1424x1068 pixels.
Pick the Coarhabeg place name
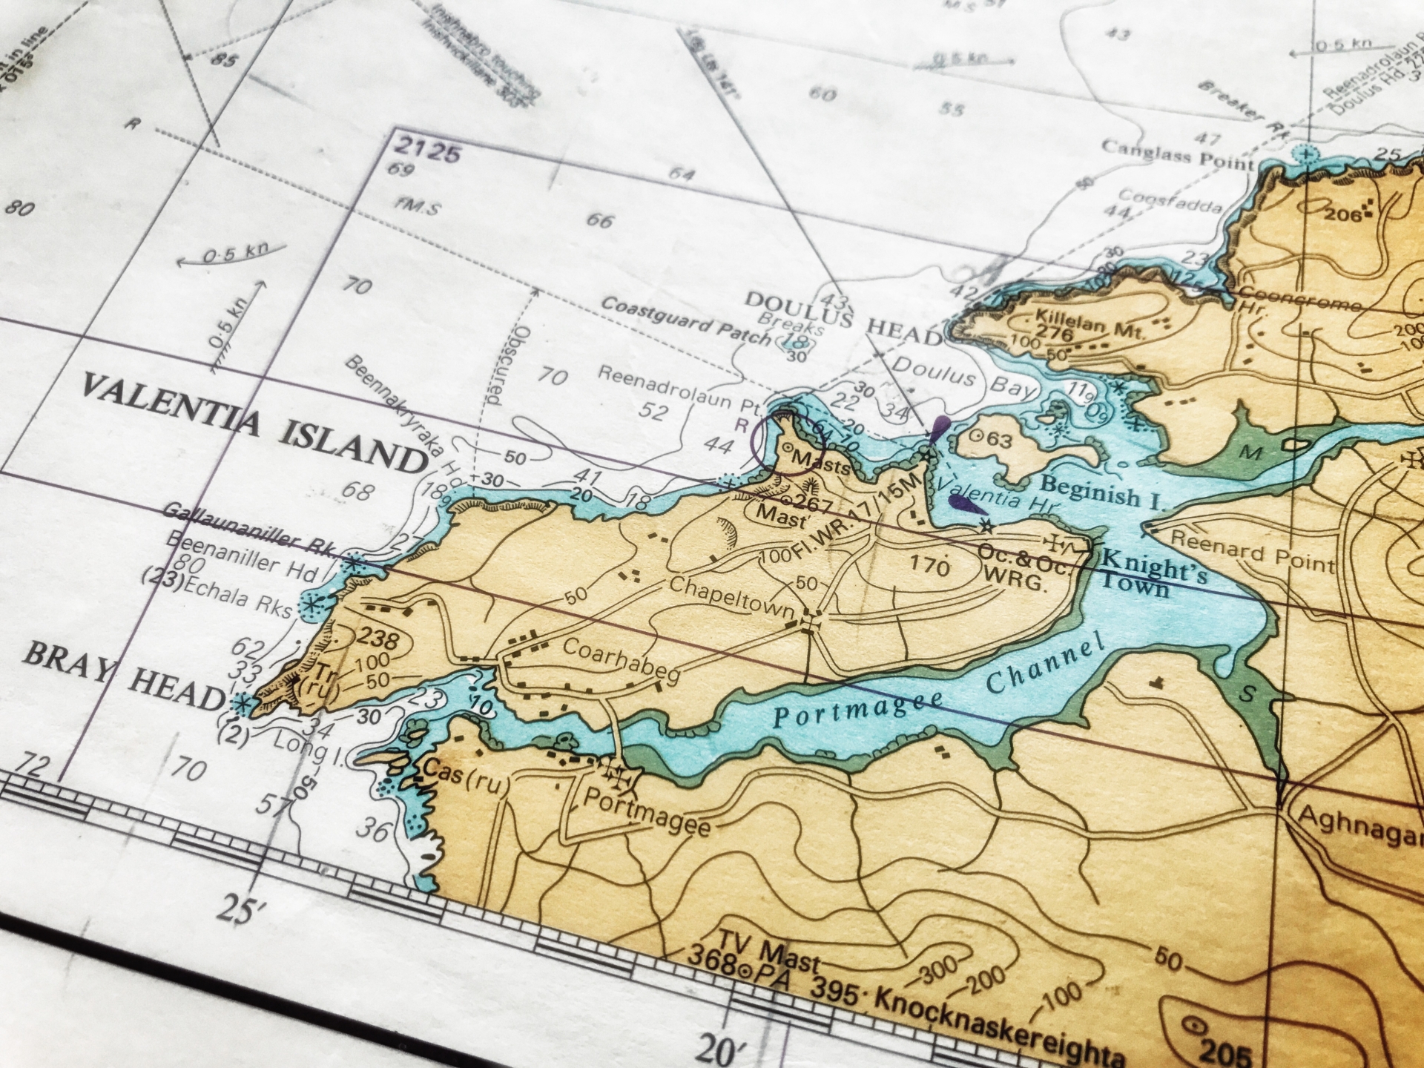point(622,659)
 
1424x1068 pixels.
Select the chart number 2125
point(429,151)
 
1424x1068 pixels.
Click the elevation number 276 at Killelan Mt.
point(1054,333)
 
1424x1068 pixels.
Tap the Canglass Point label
point(1177,154)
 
